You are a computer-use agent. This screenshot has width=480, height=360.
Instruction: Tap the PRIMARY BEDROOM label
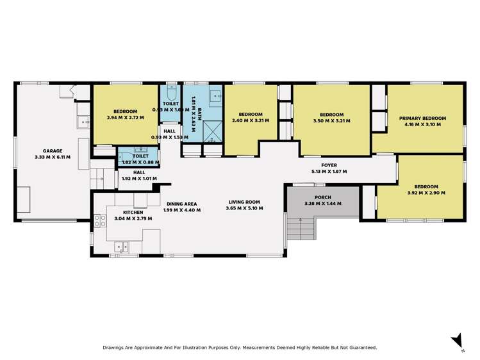422,119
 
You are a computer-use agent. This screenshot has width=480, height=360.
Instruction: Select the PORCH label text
322,197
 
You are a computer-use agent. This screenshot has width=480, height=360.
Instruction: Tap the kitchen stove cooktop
101,221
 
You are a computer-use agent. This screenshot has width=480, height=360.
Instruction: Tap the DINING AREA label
182,204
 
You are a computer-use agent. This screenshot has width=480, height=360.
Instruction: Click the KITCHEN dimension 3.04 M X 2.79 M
129,218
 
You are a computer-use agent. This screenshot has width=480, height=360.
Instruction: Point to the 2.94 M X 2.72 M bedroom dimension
126,117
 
